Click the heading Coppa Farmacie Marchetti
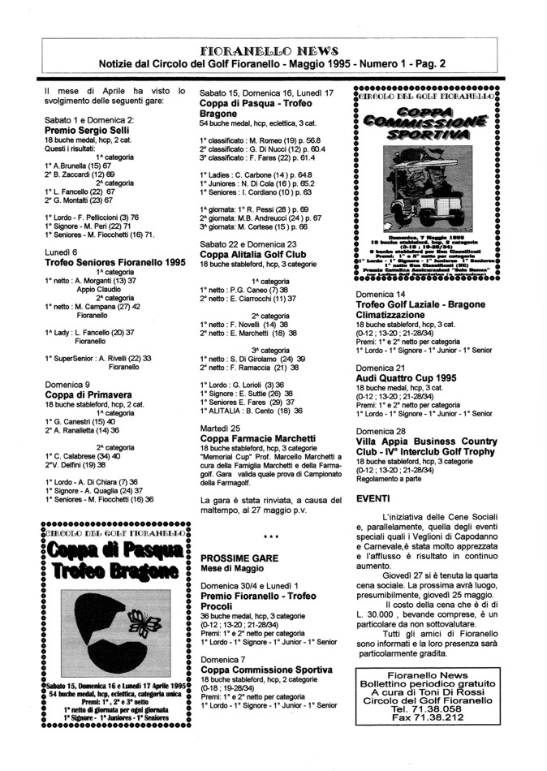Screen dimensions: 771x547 click(258, 438)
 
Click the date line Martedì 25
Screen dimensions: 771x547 click(220, 428)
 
